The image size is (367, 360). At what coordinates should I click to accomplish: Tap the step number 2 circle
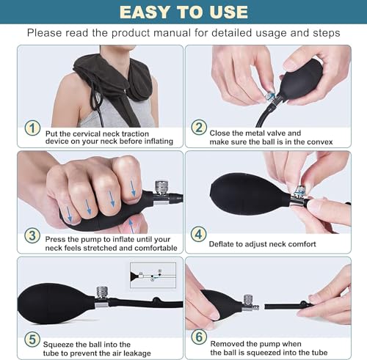pos(199,127)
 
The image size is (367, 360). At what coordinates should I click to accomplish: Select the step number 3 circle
pos(32,235)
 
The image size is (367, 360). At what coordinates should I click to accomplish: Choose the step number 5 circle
pos(32,340)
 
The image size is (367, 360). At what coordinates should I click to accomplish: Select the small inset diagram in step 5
pos(153,274)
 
